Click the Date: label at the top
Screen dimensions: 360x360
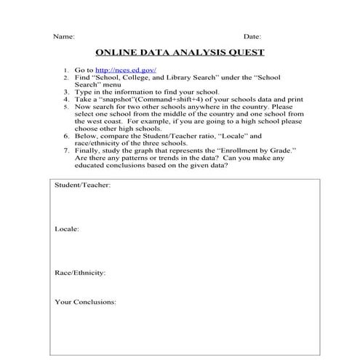(x=252, y=36)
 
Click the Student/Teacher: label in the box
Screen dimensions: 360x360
(x=82, y=185)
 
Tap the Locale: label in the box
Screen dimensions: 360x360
(x=67, y=229)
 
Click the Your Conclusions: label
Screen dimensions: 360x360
(x=84, y=301)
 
